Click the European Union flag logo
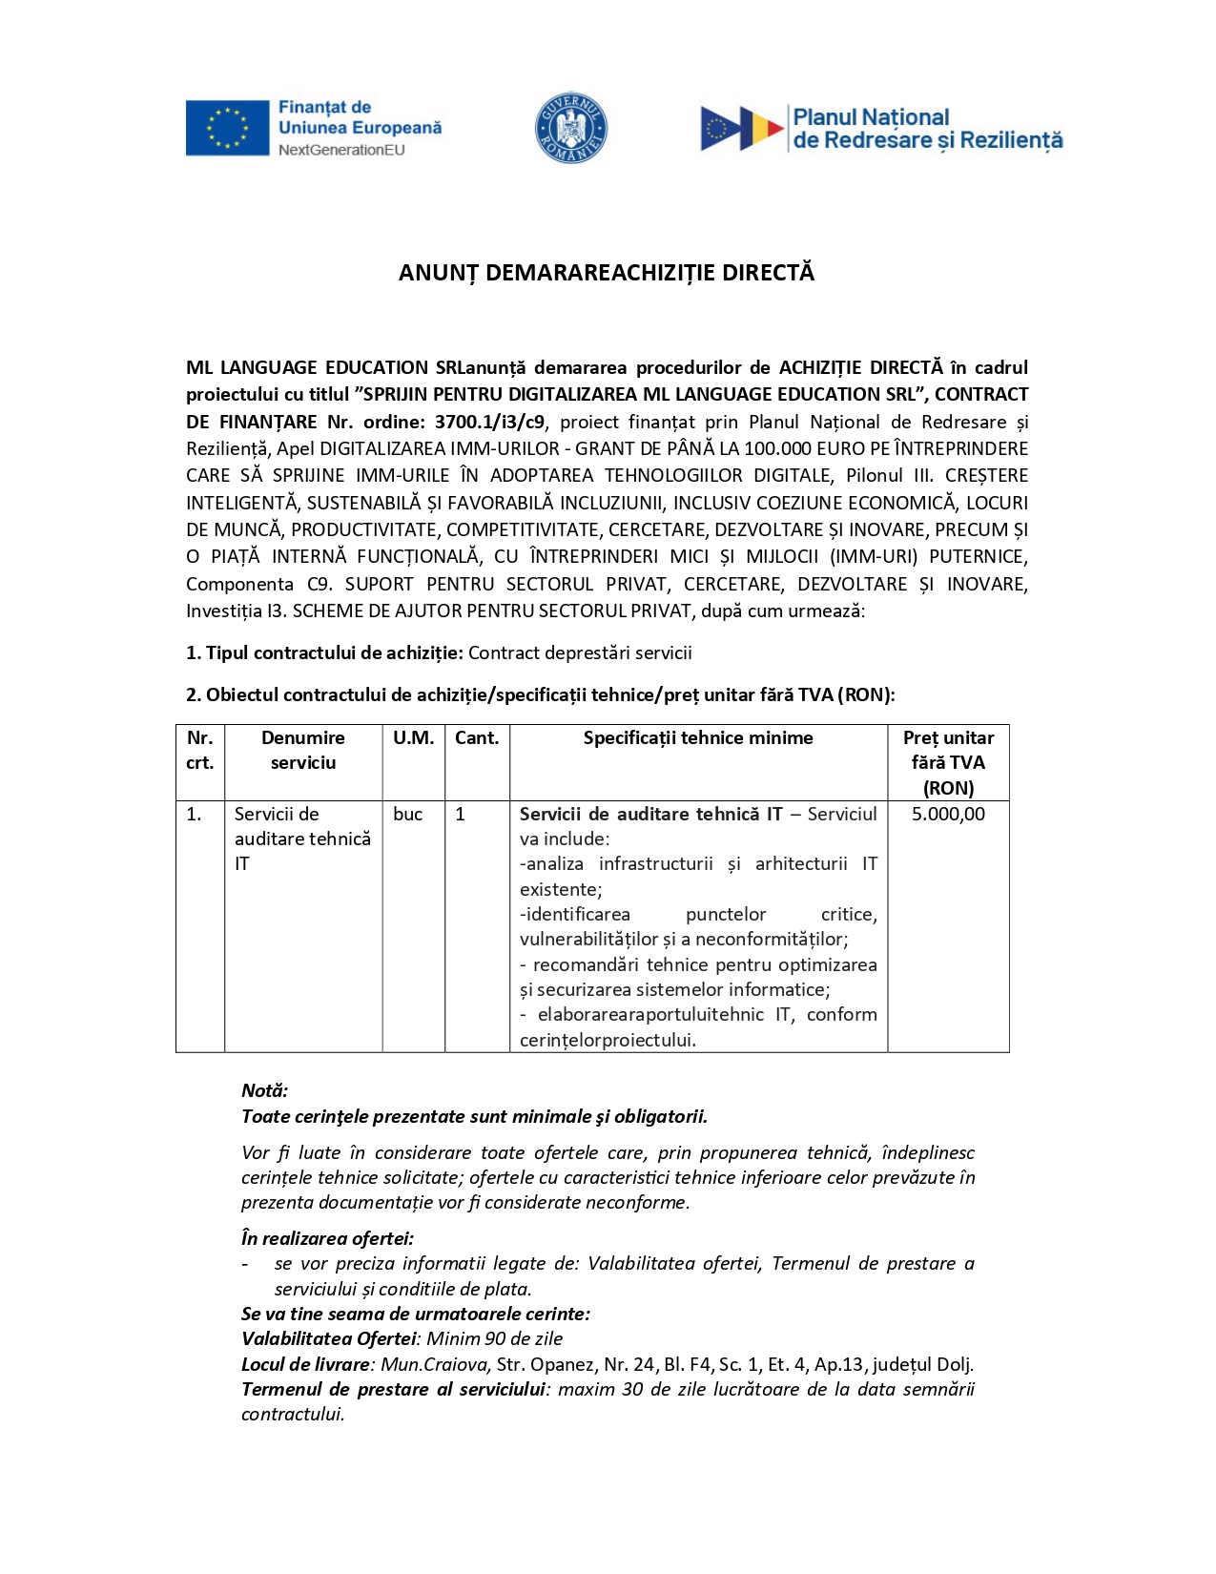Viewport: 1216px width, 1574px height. [227, 128]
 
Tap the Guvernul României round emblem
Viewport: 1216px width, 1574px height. [570, 128]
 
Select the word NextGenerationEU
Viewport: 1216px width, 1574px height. [341, 150]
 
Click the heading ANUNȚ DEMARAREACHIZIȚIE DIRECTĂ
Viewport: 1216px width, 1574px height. [607, 273]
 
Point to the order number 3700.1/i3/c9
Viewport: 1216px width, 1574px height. [489, 422]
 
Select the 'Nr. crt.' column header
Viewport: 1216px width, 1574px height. [200, 750]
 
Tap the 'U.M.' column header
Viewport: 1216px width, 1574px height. [413, 737]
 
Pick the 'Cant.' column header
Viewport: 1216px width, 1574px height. [477, 737]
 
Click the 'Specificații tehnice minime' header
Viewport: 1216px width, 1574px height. [698, 737]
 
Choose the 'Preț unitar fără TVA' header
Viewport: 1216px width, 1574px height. [948, 762]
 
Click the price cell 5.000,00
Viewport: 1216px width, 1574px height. [948, 814]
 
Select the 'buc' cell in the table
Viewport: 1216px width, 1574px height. [408, 814]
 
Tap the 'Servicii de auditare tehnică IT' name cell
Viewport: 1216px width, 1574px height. [302, 839]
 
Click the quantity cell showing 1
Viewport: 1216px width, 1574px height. [461, 814]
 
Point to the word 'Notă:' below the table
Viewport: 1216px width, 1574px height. [264, 1090]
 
